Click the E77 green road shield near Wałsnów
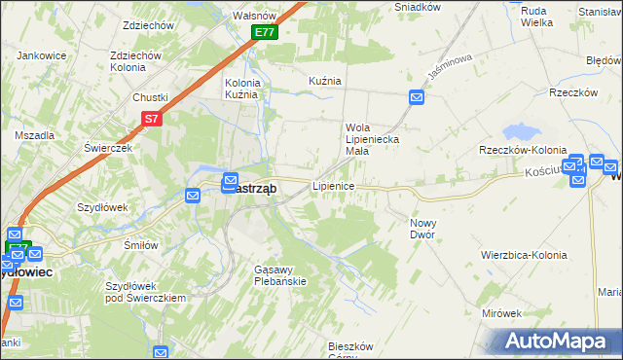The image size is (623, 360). [x=266, y=32]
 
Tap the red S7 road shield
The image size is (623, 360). [x=150, y=119]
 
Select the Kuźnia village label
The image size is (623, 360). [x=324, y=81]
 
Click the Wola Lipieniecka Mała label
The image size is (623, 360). [x=371, y=133]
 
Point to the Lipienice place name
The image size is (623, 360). [x=332, y=185]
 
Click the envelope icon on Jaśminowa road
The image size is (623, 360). [x=417, y=97]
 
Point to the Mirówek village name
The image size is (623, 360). [x=502, y=313]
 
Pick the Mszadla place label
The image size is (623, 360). [x=33, y=135]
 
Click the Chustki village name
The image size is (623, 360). [x=151, y=96]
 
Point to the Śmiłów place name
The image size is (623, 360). [x=141, y=245]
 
